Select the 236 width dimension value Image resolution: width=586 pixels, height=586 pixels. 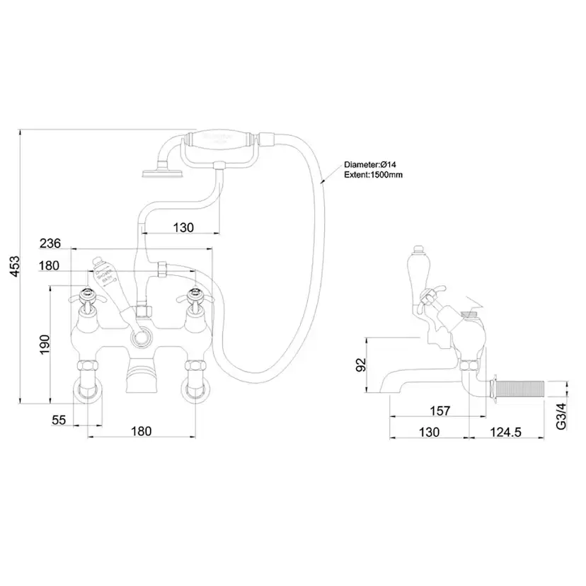point(50,243)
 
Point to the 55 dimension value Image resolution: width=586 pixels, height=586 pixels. point(59,420)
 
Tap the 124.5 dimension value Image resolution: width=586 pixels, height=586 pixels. point(505,431)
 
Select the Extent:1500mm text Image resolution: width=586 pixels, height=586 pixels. point(374,174)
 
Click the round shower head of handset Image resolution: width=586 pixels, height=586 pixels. point(151,171)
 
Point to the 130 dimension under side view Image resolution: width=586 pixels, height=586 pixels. point(429,431)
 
